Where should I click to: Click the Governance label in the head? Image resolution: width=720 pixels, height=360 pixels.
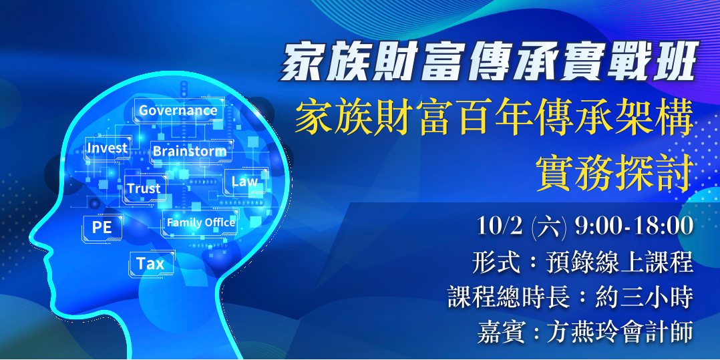(178, 110)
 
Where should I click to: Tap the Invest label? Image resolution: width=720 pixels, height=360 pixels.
(107, 148)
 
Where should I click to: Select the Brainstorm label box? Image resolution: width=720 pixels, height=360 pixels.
(190, 151)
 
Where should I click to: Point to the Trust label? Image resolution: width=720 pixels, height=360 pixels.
(144, 188)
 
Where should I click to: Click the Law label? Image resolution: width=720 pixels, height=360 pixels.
(244, 182)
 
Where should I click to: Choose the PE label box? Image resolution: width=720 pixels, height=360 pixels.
(102, 227)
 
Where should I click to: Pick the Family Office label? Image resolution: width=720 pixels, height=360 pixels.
(200, 222)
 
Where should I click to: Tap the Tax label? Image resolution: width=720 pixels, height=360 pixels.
(151, 264)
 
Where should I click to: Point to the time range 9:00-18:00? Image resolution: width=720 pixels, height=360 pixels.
(634, 227)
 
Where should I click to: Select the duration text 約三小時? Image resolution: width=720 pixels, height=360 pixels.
(645, 299)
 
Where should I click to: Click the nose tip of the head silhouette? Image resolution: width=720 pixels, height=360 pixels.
(30, 238)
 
